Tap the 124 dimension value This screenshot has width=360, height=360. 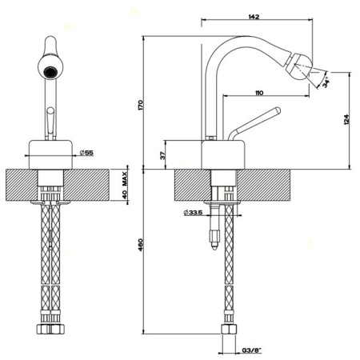coord(346,119)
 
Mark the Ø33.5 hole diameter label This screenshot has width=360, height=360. coord(193,212)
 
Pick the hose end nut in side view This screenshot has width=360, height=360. coord(229,330)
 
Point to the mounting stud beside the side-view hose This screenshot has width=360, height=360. coord(213,232)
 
